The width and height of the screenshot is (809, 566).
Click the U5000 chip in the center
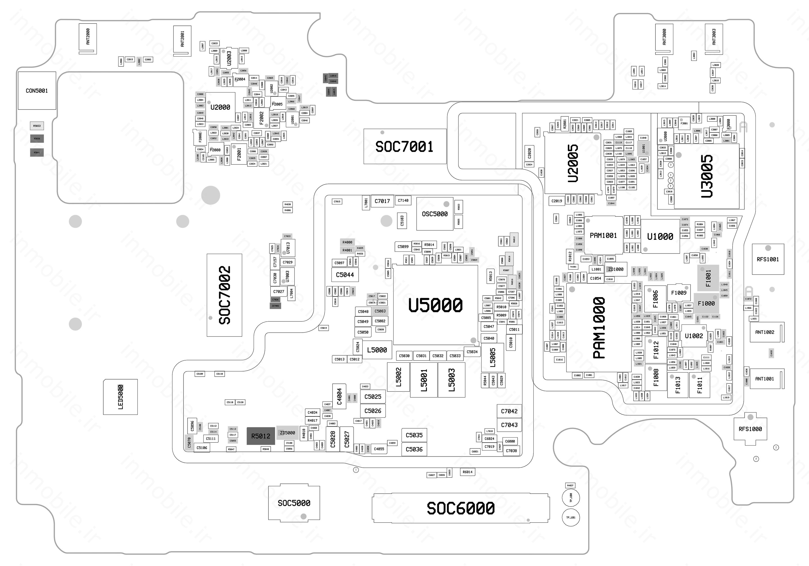(x=436, y=305)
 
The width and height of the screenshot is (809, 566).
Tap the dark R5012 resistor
(x=260, y=436)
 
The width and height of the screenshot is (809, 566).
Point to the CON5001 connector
(x=37, y=91)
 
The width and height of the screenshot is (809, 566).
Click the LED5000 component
(x=120, y=397)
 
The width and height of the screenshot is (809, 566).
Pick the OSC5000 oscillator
(x=435, y=214)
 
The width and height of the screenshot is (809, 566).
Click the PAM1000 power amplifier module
(x=599, y=327)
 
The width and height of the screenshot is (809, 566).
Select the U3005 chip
(x=707, y=176)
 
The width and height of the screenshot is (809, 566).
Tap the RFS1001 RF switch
(x=768, y=259)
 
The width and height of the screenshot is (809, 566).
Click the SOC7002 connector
(x=224, y=295)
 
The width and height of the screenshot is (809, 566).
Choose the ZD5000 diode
(x=287, y=433)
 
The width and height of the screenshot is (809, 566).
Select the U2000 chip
(x=220, y=107)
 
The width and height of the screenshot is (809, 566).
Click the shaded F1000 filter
(x=706, y=303)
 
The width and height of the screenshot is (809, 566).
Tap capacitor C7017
(x=382, y=201)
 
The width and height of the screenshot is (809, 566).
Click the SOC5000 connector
(x=294, y=503)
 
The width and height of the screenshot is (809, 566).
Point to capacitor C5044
(x=345, y=275)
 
